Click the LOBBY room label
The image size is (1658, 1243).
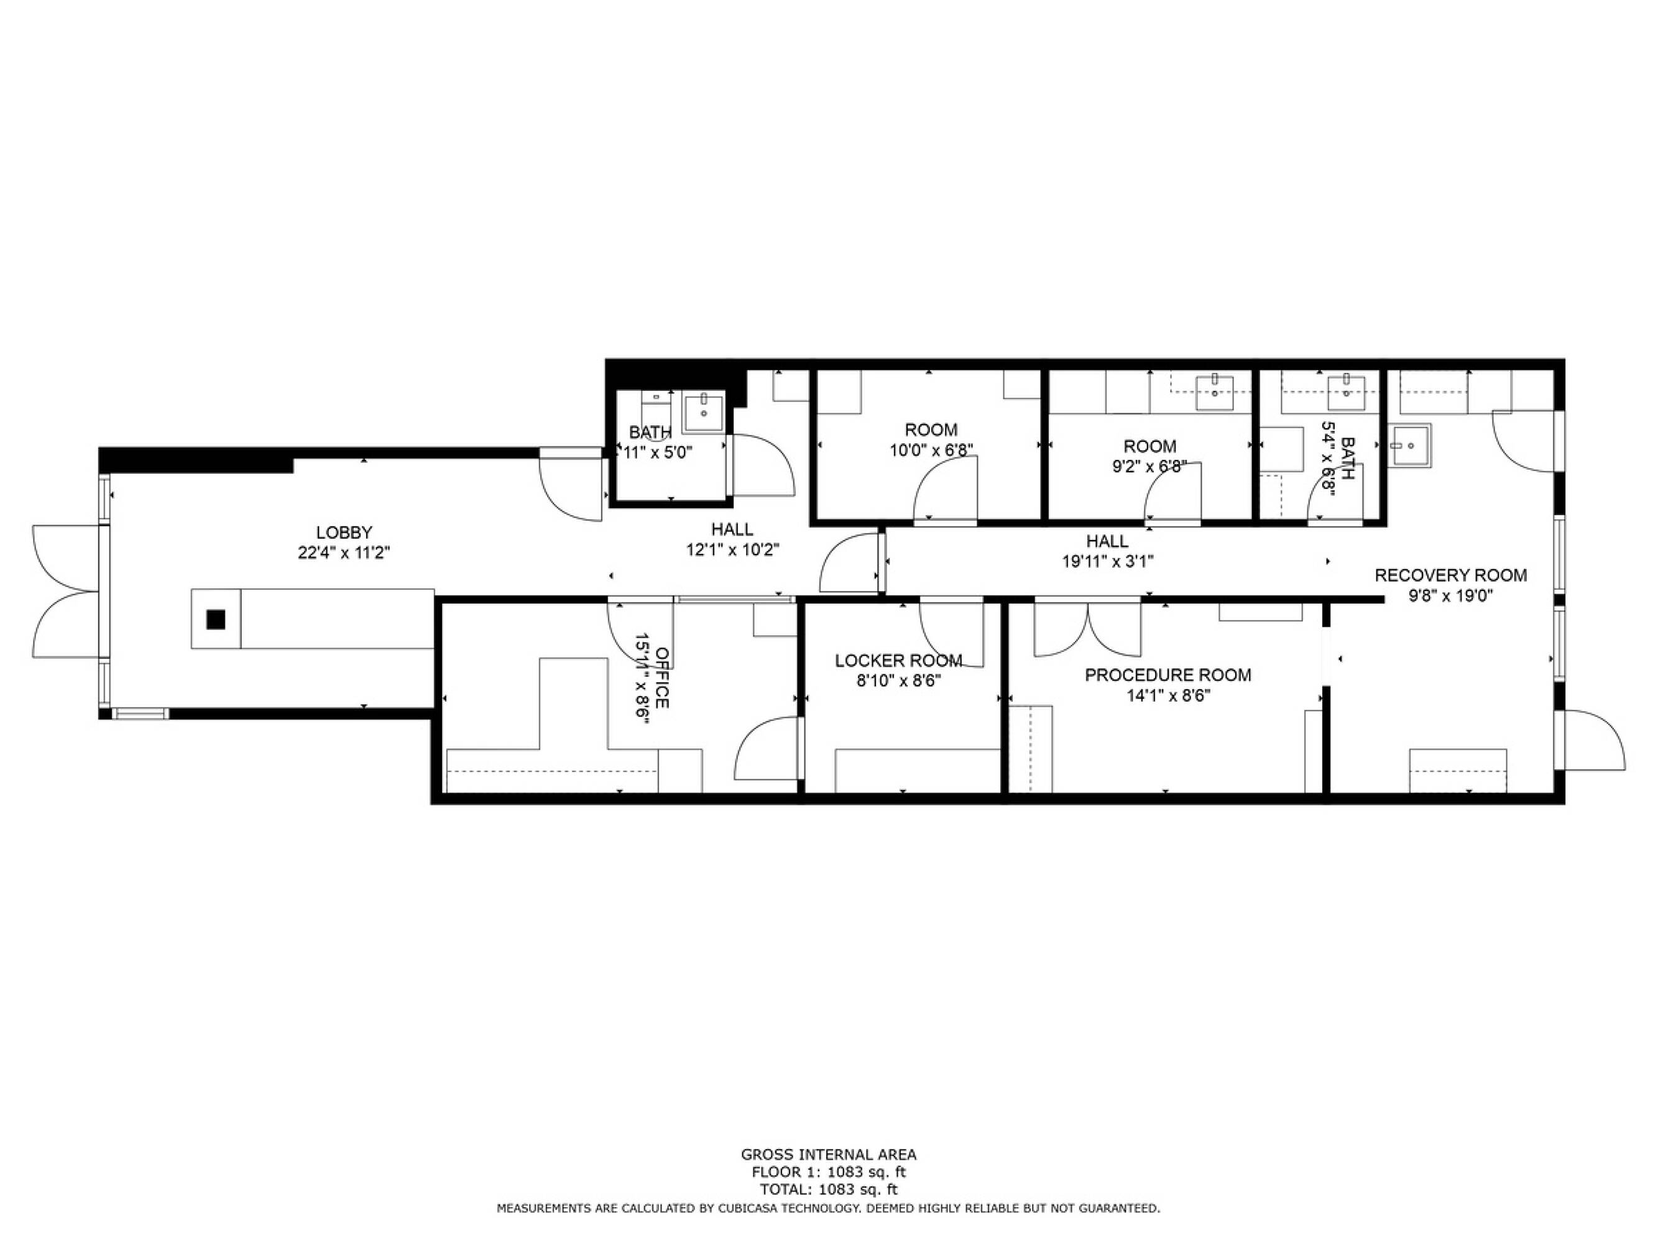(x=344, y=533)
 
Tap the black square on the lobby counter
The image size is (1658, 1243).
(x=216, y=620)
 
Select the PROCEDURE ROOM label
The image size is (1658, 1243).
(x=1168, y=675)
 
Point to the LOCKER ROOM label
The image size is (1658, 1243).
(x=899, y=661)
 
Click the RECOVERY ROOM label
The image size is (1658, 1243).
(x=1450, y=576)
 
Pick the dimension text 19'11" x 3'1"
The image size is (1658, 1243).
(x=1107, y=561)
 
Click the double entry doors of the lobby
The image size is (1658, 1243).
(x=66, y=592)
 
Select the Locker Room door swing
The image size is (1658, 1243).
(x=951, y=633)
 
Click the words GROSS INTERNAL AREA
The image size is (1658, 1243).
(x=828, y=1155)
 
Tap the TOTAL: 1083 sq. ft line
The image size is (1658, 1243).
(x=828, y=1190)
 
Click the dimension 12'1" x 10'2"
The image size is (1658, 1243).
(x=733, y=550)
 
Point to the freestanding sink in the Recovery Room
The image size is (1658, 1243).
(x=1409, y=445)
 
